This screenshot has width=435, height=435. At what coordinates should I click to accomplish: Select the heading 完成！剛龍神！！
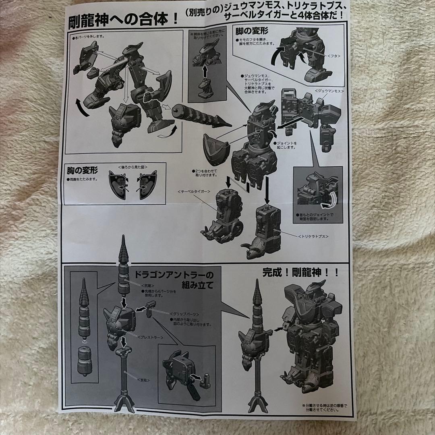[301, 272]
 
